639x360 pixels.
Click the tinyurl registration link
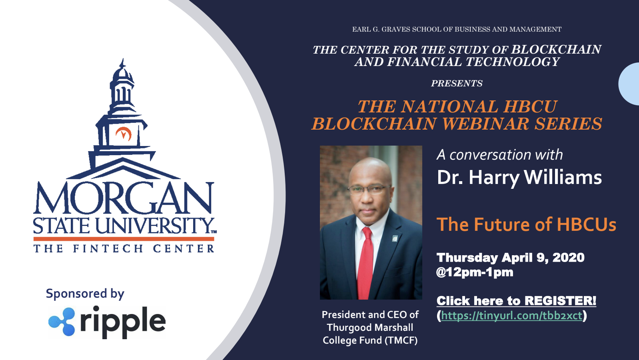[511, 316]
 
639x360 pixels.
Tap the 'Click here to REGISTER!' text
[516, 301]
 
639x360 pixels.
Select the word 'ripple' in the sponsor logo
[123, 322]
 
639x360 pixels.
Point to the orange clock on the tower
[124, 134]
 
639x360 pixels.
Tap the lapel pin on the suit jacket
[395, 238]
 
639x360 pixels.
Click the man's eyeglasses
[369, 190]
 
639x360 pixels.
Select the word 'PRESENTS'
[457, 83]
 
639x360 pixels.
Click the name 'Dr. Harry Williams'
[519, 178]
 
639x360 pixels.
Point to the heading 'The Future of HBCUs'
[526, 224]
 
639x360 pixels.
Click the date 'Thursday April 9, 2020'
[511, 258]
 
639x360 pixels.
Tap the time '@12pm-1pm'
[475, 272]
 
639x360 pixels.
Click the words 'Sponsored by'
[85, 294]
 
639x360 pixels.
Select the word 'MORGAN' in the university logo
[124, 198]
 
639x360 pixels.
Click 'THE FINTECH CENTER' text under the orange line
[124, 248]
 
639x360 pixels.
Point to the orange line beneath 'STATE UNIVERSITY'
[124, 239]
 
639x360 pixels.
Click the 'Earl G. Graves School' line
[457, 29]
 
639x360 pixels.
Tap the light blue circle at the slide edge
[629, 84]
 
